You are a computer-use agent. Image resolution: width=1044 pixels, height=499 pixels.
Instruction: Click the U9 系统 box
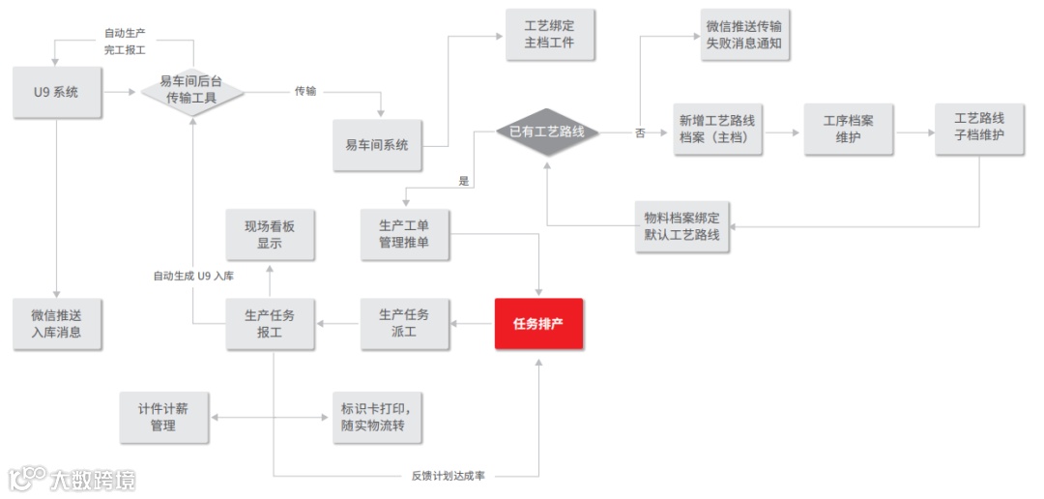tap(56, 93)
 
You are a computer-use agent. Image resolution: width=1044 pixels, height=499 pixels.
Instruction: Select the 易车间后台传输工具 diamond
tap(192, 93)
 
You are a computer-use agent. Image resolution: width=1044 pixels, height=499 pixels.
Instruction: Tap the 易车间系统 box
tap(377, 145)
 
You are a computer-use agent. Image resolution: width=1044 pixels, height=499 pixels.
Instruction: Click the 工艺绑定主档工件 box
tap(549, 35)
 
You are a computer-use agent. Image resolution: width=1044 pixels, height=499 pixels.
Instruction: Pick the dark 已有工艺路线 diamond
tap(548, 132)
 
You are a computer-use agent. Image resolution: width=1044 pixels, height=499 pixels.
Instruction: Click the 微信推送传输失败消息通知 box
tap(743, 35)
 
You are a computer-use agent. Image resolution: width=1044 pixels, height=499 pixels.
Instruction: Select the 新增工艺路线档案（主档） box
tap(717, 130)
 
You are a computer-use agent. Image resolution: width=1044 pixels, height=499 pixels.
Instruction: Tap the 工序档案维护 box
tap(848, 130)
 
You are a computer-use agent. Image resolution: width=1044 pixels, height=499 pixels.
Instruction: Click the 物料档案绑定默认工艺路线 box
tap(682, 226)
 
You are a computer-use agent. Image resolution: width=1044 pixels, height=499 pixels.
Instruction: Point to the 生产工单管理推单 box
tap(405, 233)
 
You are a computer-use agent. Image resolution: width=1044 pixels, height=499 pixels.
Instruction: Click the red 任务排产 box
tap(538, 323)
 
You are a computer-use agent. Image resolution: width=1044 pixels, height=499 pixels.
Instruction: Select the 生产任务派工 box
tap(404, 323)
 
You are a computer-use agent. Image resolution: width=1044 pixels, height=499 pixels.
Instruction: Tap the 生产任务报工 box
tap(270, 323)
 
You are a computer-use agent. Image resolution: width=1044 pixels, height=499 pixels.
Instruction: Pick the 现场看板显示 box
tap(270, 234)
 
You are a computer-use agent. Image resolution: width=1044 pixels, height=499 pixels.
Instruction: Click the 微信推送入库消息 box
tap(56, 323)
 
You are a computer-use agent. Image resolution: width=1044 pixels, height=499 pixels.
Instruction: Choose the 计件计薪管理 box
tap(163, 417)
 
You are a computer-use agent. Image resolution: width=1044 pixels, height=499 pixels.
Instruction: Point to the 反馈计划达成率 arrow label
tap(448, 475)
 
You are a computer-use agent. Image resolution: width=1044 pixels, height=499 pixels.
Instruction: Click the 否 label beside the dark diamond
tap(640, 133)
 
